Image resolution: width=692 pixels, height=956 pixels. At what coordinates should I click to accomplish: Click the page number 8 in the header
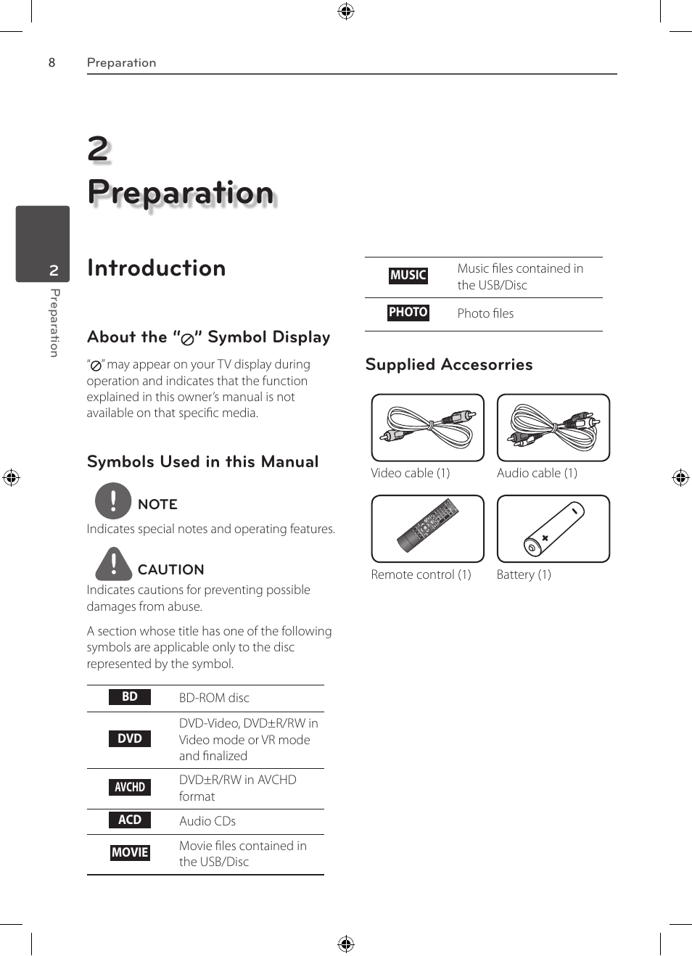[x=52, y=62]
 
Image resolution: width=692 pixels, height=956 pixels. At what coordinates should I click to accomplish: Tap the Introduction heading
[x=156, y=268]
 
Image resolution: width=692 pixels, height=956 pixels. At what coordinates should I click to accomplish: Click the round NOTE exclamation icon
[x=113, y=500]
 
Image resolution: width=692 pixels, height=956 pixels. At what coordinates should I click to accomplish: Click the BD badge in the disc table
[x=130, y=697]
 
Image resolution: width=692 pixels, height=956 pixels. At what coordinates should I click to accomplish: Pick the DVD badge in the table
[x=130, y=738]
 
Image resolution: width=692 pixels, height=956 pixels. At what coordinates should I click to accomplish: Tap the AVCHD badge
[x=130, y=787]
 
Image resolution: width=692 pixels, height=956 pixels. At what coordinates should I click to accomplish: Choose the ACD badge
[x=130, y=820]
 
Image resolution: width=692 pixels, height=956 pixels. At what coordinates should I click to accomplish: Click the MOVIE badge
[x=130, y=853]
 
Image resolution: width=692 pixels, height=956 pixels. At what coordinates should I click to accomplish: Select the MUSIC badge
[x=408, y=276]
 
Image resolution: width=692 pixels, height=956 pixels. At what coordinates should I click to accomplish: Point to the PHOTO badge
[x=408, y=313]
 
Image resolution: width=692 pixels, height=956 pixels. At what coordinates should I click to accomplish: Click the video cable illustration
[x=427, y=427]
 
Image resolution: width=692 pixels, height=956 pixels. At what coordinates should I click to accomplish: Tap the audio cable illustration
[x=553, y=427]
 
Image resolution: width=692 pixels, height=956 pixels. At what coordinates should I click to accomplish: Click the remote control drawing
[x=427, y=528]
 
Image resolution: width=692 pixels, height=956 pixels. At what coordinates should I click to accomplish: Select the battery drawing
[x=553, y=528]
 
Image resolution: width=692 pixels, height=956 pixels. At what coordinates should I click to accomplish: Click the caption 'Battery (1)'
[x=524, y=574]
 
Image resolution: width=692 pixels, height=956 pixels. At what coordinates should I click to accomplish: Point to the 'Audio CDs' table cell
[x=207, y=821]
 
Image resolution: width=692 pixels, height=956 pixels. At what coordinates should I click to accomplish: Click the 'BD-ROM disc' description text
[x=214, y=698]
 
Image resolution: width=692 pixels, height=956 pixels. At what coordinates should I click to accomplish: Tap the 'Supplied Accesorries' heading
[x=449, y=365]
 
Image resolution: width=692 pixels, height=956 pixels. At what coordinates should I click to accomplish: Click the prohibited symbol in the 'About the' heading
[x=187, y=339]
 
